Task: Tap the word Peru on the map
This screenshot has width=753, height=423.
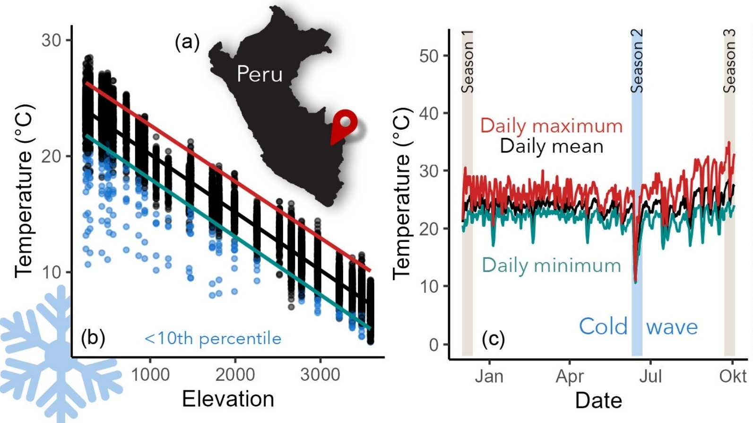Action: [260, 74]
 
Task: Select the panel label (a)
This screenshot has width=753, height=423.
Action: [187, 43]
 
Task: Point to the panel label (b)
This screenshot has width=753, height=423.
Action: [93, 338]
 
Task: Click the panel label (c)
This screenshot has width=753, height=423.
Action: [493, 338]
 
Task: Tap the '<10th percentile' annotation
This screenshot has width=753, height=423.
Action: [213, 339]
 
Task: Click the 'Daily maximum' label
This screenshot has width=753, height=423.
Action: [551, 126]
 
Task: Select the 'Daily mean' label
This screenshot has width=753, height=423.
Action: [552, 146]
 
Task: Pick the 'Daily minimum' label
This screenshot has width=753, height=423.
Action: [551, 265]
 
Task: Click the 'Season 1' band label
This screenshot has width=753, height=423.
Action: [467, 62]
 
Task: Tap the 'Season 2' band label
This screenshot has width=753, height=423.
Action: [637, 62]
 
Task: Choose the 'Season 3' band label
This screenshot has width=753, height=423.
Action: [729, 62]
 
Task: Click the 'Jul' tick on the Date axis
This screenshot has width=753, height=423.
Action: [650, 377]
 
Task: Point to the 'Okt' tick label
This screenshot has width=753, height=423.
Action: [733, 377]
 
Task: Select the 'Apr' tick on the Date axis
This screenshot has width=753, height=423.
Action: [570, 377]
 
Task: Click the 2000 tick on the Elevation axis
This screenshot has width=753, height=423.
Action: [235, 375]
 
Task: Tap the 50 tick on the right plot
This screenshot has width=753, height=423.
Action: [429, 56]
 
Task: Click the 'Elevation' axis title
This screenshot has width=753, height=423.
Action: [228, 399]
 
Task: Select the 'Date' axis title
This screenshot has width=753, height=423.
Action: [598, 400]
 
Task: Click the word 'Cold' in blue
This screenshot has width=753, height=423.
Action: [603, 326]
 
